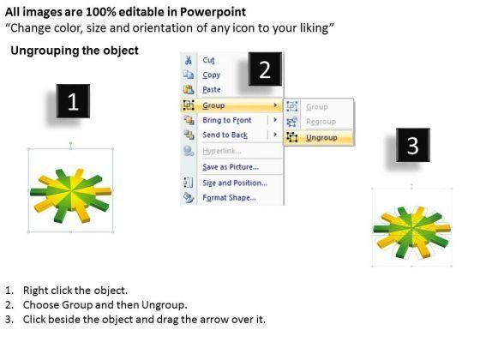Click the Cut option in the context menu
click(208, 60)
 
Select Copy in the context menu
click(211, 75)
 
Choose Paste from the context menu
click(212, 90)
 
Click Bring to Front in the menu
click(227, 120)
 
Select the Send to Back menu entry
click(225, 135)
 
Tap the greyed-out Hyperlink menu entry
click(222, 151)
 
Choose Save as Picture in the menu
click(231, 167)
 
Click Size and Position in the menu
click(235, 183)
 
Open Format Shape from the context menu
click(230, 197)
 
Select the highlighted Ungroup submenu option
click(321, 138)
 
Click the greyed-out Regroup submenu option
click(321, 122)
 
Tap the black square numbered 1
click(73, 101)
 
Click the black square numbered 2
click(265, 69)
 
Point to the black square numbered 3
click(413, 145)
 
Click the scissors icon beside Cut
click(189, 60)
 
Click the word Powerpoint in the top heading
click(213, 12)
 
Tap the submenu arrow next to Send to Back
click(275, 135)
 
